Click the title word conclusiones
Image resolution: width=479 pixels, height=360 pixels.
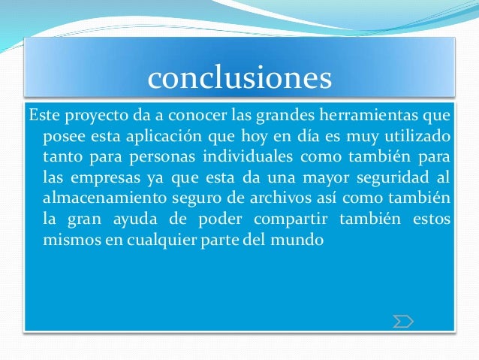pyautogui.click(x=239, y=77)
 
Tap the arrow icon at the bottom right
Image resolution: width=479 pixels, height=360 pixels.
pyautogui.click(x=403, y=322)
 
